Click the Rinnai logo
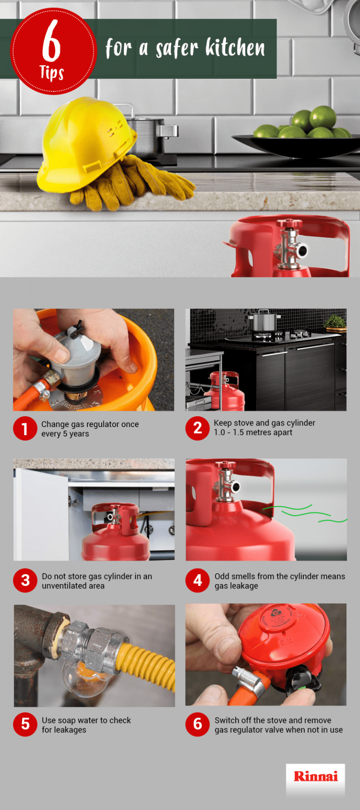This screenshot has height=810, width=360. [x=315, y=776]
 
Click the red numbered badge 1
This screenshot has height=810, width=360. [x=25, y=428]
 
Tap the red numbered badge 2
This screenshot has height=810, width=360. [x=197, y=428]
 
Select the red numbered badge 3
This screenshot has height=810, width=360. [x=25, y=581]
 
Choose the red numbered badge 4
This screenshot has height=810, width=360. [x=197, y=581]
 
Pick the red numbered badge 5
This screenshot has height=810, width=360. [x=25, y=724]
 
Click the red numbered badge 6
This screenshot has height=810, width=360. [x=197, y=724]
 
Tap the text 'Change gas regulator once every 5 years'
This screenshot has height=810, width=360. [x=90, y=429]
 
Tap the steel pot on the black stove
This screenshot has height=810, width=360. [x=264, y=322]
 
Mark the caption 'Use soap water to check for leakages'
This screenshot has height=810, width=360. [x=86, y=725]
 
